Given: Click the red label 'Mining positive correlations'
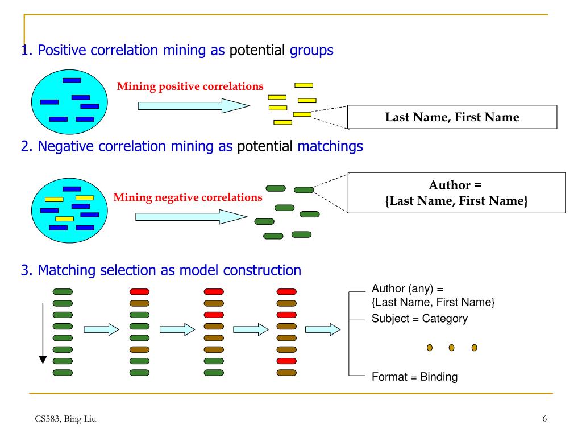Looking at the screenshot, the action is click(190, 86).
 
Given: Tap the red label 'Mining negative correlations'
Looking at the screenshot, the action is click(188, 197).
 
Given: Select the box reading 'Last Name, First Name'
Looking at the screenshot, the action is click(452, 117).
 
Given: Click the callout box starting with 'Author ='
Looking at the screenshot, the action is click(456, 193).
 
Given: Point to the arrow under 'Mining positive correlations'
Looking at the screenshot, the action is click(194, 106).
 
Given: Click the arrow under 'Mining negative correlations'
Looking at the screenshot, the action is click(191, 217).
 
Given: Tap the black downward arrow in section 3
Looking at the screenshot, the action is click(43, 333).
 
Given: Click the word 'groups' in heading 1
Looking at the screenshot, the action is click(311, 51).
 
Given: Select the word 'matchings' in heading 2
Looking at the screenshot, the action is click(330, 146).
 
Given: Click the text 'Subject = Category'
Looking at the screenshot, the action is click(419, 319).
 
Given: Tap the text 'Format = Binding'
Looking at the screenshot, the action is click(414, 377).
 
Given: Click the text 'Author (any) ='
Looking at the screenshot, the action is click(407, 288).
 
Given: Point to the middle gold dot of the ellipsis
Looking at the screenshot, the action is click(451, 348).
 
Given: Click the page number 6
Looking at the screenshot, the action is click(544, 419).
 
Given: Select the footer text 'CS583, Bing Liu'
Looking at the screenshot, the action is click(65, 419).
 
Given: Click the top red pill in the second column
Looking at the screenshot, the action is click(140, 292).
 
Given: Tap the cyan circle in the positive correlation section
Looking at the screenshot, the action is click(69, 102).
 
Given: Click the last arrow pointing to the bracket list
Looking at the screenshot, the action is click(323, 329).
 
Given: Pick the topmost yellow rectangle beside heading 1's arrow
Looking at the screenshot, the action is click(304, 85).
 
